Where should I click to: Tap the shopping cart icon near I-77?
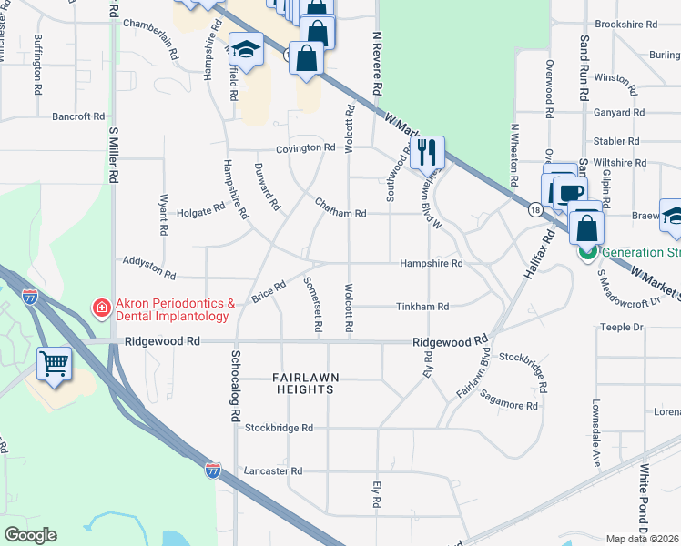[55, 365]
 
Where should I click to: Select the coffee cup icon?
[570, 194]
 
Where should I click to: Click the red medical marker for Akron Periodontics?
[100, 308]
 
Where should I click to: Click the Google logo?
[30, 535]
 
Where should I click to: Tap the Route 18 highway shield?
[534, 210]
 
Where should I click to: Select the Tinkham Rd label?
[422, 308]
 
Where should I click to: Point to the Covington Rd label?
[307, 147]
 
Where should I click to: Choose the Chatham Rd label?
[340, 213]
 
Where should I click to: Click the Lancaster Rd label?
[272, 471]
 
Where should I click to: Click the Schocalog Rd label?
[234, 386]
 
